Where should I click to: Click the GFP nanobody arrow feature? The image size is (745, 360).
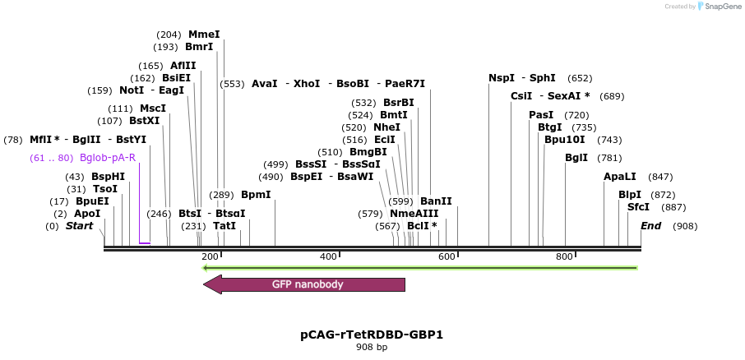[304, 284]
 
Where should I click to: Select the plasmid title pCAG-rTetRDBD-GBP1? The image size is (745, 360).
[372, 335]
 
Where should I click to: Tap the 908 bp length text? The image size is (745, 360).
[372, 348]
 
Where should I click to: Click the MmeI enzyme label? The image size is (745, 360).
[204, 35]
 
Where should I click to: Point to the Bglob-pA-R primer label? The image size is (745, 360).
[108, 158]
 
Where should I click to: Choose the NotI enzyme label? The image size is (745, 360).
[132, 90]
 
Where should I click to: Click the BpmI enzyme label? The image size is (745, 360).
[256, 195]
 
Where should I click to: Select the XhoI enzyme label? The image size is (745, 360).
[307, 84]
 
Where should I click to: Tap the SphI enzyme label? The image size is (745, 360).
[543, 78]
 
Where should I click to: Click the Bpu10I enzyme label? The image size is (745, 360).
[563, 140]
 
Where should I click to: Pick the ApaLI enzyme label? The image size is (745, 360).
[620, 177]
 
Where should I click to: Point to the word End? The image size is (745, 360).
[650, 226]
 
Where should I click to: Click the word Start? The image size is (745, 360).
[80, 226]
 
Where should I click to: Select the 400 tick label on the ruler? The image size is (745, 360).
[328, 257]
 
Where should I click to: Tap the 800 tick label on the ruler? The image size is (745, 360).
[564, 257]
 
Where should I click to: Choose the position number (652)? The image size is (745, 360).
[580, 78]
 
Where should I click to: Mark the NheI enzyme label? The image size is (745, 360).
[386, 127]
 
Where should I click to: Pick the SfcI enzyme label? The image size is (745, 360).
[638, 207]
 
